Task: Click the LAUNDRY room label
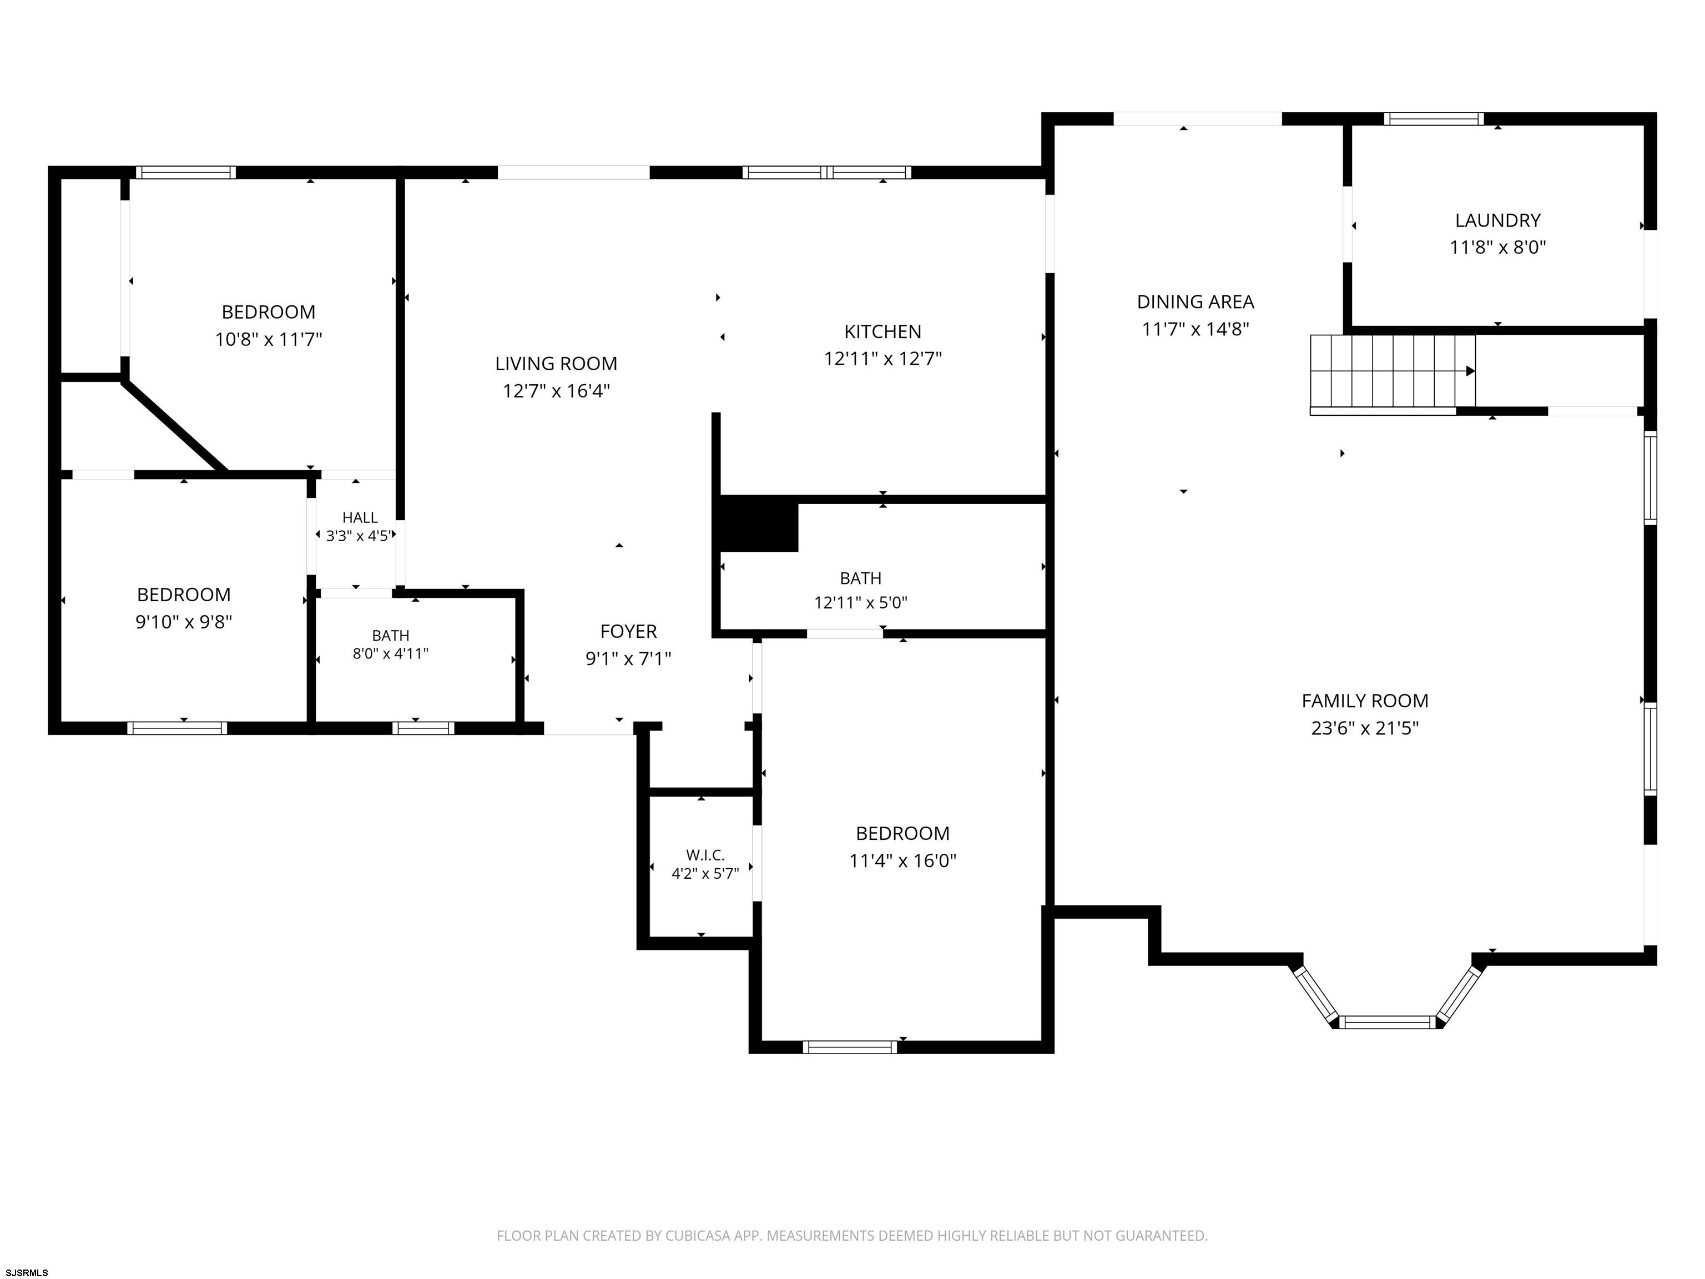click(1497, 220)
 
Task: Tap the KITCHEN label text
click(882, 331)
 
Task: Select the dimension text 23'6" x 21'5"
click(1364, 728)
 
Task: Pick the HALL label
click(360, 518)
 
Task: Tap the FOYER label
click(628, 631)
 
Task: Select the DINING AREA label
click(1195, 301)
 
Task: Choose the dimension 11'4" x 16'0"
click(902, 860)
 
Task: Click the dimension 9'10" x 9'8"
click(184, 621)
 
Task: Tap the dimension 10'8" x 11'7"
click(268, 339)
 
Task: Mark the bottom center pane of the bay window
click(1388, 1023)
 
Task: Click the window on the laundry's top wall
click(1434, 119)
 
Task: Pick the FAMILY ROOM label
click(1364, 701)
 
